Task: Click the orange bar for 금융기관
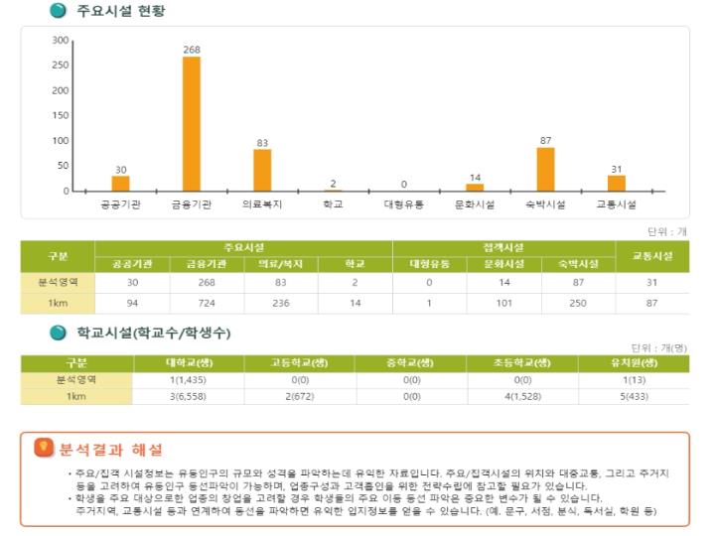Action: tap(192, 124)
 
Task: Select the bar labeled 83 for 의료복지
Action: tap(262, 170)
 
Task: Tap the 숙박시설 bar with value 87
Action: tap(545, 169)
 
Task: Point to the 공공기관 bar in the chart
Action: tap(120, 183)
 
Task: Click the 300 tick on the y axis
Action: tap(61, 41)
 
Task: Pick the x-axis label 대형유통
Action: tap(404, 204)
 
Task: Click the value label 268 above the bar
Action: tap(192, 50)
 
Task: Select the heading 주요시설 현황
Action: tap(120, 12)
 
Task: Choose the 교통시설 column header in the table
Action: tap(652, 256)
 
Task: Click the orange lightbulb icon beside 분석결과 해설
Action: tap(45, 448)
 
